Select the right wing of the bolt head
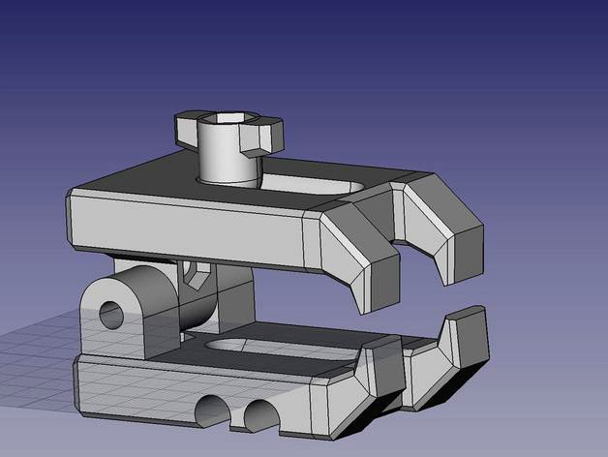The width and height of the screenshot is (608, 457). click(268, 133)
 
